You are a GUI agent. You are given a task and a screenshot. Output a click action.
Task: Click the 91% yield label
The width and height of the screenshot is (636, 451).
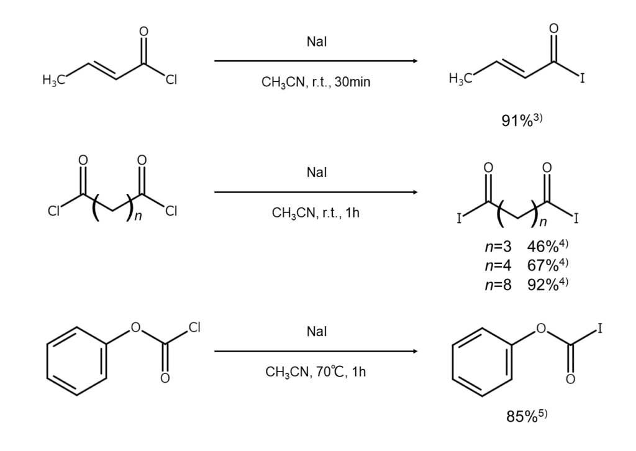pyautogui.click(x=522, y=121)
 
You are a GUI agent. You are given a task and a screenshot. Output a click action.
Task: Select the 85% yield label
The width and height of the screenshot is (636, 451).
pyautogui.click(x=527, y=416)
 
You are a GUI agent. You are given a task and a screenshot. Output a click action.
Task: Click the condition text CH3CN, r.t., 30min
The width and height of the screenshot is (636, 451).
pyautogui.click(x=316, y=81)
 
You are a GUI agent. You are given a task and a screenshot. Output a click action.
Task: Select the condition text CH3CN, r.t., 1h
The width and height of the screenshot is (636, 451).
pyautogui.click(x=316, y=212)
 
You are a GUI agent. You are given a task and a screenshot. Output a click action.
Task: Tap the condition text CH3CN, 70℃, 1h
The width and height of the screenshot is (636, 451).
pyautogui.click(x=316, y=372)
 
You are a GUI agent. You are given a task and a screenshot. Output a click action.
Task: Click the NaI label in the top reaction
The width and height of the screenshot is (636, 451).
pyautogui.click(x=316, y=42)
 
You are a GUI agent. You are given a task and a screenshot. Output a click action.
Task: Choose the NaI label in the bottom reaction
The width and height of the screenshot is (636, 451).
pyautogui.click(x=316, y=332)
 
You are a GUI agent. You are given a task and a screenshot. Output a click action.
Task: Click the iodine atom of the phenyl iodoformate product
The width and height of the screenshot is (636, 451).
pyautogui.click(x=600, y=328)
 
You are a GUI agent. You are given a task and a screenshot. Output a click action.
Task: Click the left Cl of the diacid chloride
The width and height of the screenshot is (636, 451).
pyautogui.click(x=54, y=211)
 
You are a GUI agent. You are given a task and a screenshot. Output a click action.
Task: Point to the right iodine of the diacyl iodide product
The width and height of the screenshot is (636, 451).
pyautogui.click(x=576, y=219)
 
